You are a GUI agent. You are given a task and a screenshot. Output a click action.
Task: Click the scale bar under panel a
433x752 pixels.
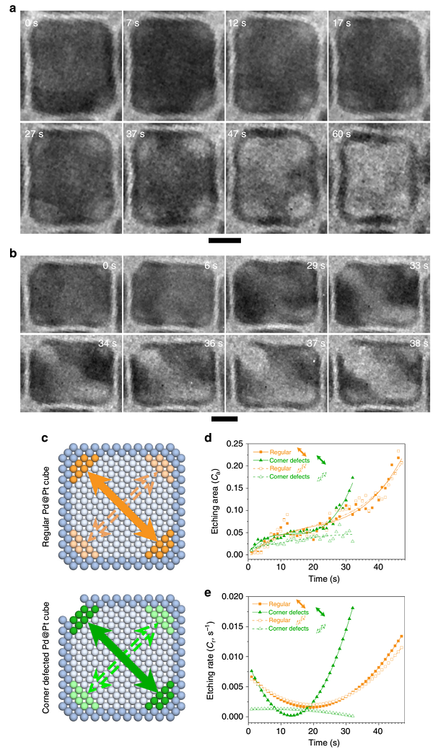(x=224, y=240)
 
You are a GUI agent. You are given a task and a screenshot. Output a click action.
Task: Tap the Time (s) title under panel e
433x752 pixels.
(x=326, y=742)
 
